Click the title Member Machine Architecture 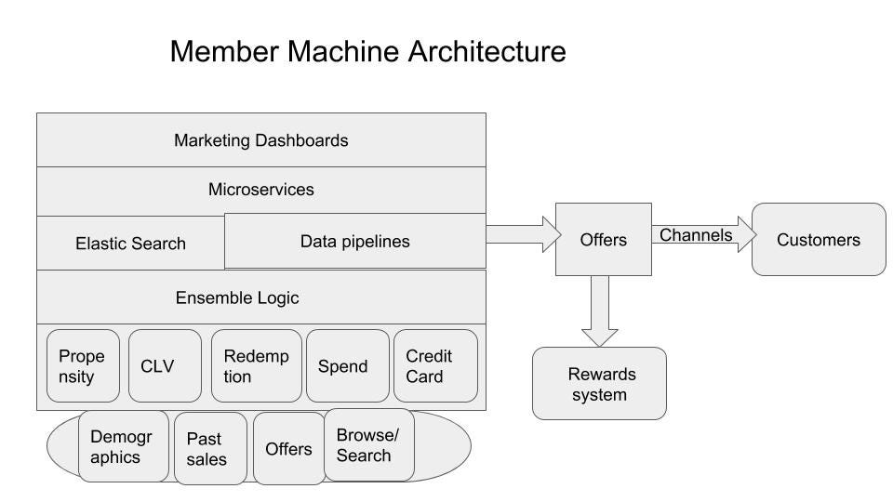[367, 51]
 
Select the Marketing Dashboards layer [261, 140]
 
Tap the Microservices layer [261, 190]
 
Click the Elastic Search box [130, 244]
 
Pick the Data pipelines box [355, 242]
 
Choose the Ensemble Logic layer [261, 297]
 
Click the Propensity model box [83, 366]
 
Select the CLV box [165, 366]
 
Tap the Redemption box [255, 366]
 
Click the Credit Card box [435, 366]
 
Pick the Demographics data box [123, 446]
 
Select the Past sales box [210, 449]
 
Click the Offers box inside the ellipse [288, 449]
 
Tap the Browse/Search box [368, 445]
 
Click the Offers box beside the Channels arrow [603, 240]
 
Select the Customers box [819, 240]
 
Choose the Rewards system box [599, 384]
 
